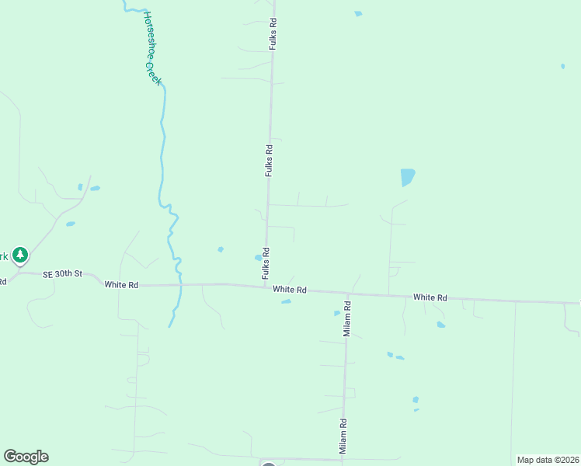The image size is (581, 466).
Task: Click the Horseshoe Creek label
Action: click(152, 48)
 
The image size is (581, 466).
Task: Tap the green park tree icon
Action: click(20, 254)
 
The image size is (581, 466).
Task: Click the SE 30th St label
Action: click(62, 273)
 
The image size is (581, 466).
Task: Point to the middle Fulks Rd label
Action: click(269, 160)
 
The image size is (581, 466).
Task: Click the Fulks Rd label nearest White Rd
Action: click(266, 263)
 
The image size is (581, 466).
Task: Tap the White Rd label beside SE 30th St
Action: click(121, 285)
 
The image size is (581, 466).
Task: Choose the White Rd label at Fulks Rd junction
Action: click(290, 290)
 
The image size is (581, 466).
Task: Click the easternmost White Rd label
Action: click(430, 297)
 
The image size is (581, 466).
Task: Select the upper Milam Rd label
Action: click(347, 318)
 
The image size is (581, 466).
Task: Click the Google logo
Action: click(26, 457)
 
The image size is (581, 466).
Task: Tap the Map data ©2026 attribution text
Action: click(548, 460)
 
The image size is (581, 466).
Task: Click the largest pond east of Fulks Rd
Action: click(407, 177)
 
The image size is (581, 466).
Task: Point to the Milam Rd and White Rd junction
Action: click(346, 294)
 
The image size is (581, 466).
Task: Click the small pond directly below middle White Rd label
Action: click(286, 302)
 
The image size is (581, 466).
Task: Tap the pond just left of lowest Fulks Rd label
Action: click(258, 258)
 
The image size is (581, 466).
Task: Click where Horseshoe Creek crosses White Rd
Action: click(180, 285)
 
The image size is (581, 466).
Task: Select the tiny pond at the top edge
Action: click(358, 13)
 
